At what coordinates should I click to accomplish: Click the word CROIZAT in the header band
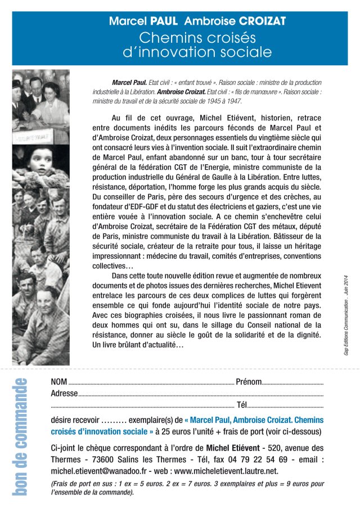click(x=263, y=22)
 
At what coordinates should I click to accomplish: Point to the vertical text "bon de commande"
click(x=20, y=438)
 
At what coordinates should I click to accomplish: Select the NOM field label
click(x=59, y=382)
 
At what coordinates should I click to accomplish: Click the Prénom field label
click(x=249, y=382)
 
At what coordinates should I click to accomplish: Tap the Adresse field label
click(x=65, y=394)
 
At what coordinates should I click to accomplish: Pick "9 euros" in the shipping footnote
click(x=296, y=483)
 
